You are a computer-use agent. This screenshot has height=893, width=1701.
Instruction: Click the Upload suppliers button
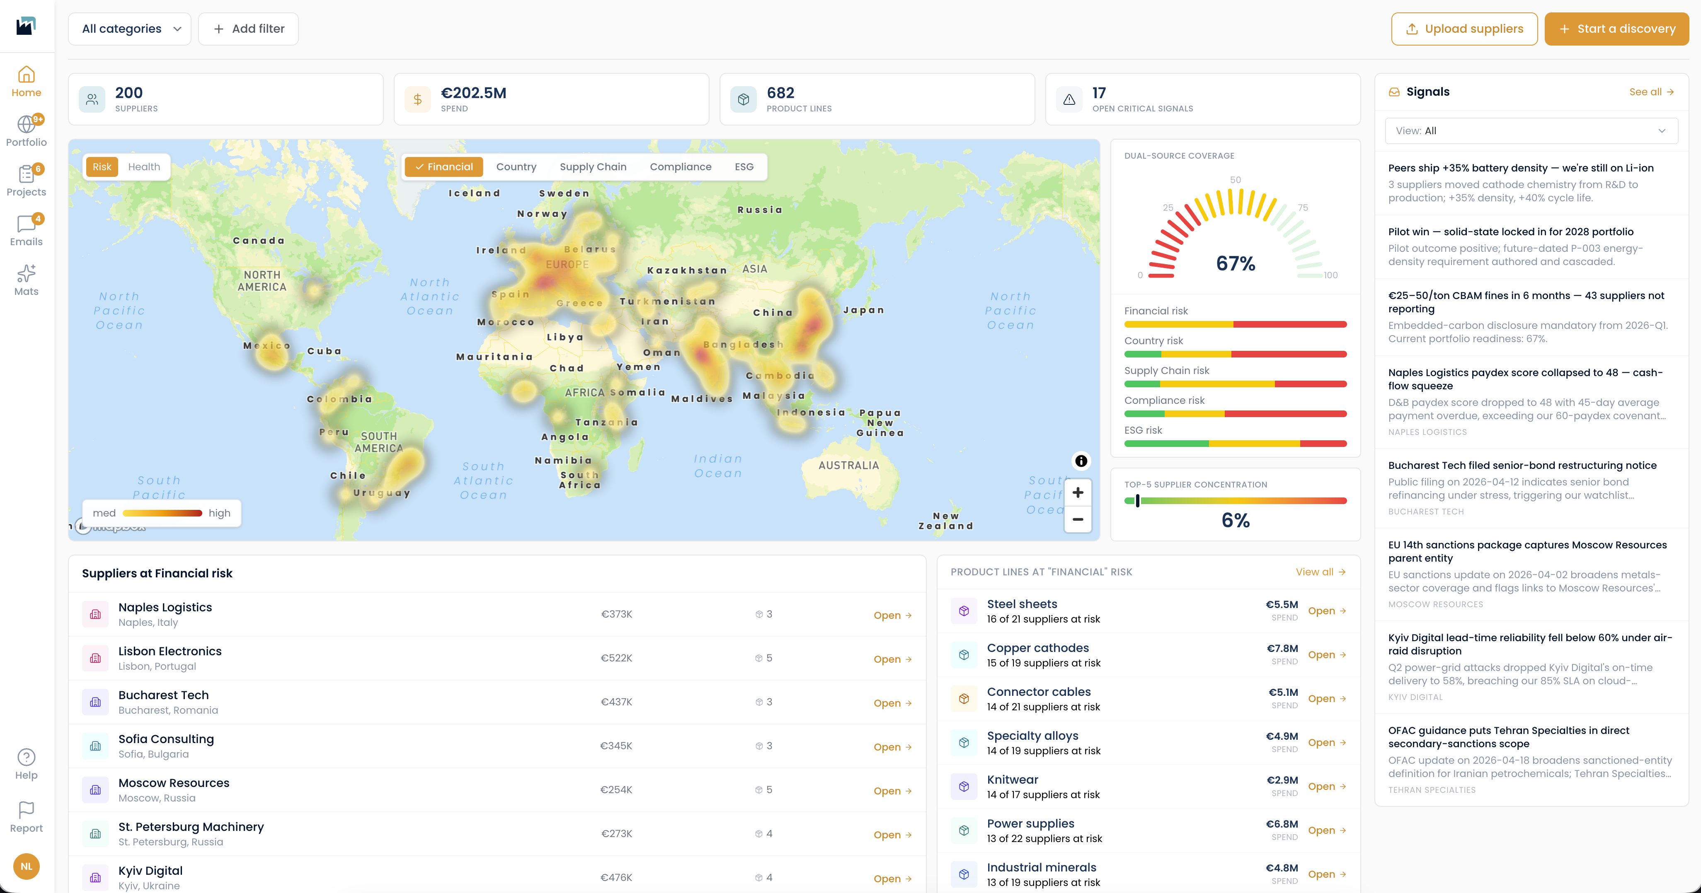click(1464, 29)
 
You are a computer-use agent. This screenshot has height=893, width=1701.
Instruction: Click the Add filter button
click(248, 29)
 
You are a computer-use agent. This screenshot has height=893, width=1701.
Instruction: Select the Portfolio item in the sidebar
click(27, 131)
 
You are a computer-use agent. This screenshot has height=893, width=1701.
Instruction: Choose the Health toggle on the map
click(144, 167)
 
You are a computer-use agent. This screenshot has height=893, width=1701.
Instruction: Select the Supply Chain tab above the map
click(593, 167)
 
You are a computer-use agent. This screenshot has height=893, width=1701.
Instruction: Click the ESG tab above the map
click(744, 167)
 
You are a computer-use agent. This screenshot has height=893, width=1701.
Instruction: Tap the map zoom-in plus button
click(1078, 492)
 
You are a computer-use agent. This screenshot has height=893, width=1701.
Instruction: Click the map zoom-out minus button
click(1078, 519)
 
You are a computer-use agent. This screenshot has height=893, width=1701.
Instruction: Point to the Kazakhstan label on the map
click(687, 270)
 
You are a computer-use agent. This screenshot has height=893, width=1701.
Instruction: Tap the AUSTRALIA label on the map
click(848, 465)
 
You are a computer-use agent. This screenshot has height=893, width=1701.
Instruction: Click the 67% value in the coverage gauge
click(1236, 263)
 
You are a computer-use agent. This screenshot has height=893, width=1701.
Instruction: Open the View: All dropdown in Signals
click(1531, 131)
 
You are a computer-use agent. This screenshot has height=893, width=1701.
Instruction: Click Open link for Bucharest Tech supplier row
click(892, 703)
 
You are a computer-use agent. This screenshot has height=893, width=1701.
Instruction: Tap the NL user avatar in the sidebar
click(27, 866)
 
